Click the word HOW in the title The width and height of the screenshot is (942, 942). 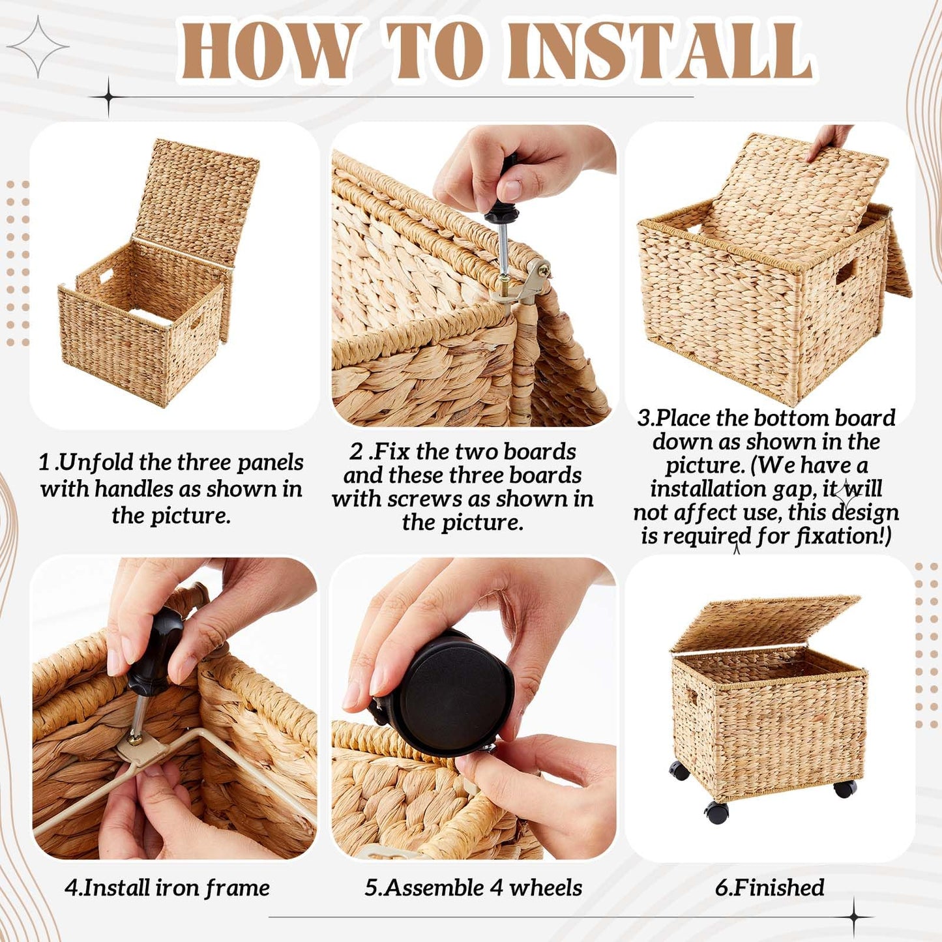click(268, 50)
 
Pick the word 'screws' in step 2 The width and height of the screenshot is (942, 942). click(425, 499)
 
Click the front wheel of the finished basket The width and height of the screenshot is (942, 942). click(717, 812)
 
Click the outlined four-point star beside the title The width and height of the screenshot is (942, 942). click(38, 46)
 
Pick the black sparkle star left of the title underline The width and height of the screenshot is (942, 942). click(108, 97)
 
